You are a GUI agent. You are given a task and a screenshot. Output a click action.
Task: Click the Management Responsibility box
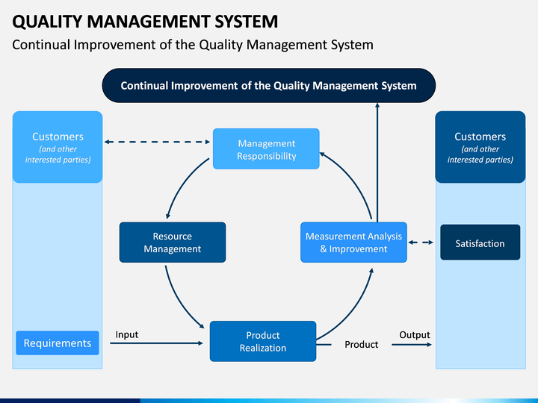tap(266, 149)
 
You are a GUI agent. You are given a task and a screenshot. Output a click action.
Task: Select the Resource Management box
tap(173, 243)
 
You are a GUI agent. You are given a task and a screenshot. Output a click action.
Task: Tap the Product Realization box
tap(263, 341)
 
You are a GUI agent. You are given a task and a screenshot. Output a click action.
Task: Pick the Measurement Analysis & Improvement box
tap(353, 243)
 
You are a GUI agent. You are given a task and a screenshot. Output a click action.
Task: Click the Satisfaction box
tap(480, 243)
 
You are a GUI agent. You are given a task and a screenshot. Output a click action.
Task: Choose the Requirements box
tap(58, 343)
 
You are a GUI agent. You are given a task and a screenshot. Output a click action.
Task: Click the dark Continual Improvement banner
tap(269, 85)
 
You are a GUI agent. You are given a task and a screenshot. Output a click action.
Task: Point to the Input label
tap(127, 334)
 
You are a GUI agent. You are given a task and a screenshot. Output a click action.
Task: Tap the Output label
tap(415, 335)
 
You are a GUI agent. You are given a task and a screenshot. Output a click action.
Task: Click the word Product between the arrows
tap(362, 344)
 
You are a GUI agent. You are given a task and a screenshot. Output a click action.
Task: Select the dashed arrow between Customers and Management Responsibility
tap(157, 142)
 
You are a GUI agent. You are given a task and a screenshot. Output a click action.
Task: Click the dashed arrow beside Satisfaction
tap(421, 243)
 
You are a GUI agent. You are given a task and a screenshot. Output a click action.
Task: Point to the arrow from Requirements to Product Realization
tap(156, 343)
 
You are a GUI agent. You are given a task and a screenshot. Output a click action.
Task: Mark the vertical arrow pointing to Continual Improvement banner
tap(377, 163)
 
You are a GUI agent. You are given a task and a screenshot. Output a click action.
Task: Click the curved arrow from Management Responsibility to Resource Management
tap(182, 184)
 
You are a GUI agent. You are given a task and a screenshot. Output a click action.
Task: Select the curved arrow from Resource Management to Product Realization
tap(179, 302)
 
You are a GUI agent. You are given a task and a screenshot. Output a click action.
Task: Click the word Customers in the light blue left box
tap(58, 137)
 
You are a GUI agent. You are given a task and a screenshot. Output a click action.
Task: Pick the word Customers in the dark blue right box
tap(480, 137)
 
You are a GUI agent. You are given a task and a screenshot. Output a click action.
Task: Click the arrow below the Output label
tap(412, 344)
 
